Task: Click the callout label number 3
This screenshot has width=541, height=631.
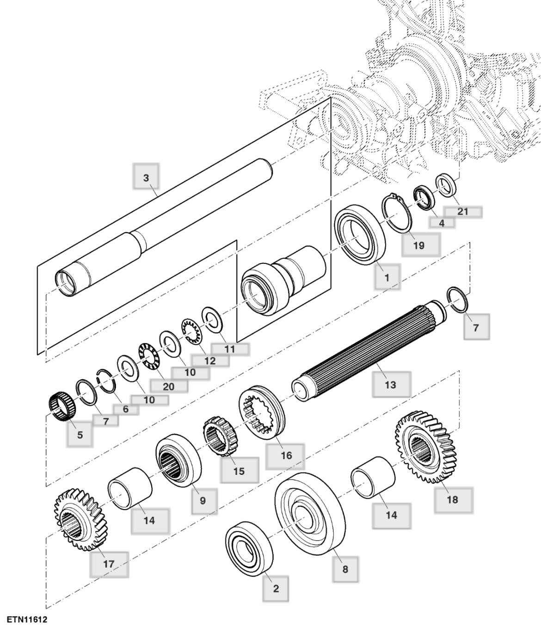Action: point(146,177)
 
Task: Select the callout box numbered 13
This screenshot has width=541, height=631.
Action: point(391,384)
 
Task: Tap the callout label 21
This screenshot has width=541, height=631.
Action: point(463,212)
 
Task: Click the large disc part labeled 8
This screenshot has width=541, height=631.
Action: point(310,513)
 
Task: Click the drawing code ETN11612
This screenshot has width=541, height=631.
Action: point(27,618)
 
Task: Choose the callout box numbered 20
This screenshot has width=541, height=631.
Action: point(169,386)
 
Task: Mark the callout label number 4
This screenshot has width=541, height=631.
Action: point(442,223)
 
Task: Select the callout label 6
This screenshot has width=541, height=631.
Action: point(125,409)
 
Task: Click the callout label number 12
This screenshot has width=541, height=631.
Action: point(210,361)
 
